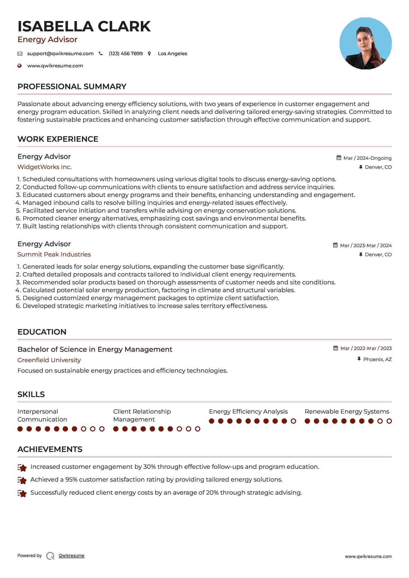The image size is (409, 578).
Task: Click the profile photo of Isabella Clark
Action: [365, 44]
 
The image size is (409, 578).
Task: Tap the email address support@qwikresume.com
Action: [60, 53]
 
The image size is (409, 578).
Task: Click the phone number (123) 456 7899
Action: [126, 53]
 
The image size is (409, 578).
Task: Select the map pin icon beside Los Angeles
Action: [149, 53]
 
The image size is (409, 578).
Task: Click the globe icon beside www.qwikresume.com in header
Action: [19, 66]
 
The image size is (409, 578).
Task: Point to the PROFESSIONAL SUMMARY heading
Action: [72, 87]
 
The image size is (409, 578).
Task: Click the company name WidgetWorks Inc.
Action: [44, 167]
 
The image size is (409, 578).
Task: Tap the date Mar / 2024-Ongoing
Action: [367, 158]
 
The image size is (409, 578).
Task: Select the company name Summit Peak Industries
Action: [54, 254]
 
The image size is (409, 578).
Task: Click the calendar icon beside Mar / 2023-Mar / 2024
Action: [335, 245]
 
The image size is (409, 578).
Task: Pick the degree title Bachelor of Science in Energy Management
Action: [95, 349]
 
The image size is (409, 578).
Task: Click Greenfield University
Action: [49, 360]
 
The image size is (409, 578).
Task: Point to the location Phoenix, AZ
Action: [377, 359]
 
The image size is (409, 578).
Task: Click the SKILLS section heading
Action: [31, 394]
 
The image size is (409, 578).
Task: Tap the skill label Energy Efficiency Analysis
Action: [248, 412]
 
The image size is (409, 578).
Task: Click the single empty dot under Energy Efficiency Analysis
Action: [293, 421]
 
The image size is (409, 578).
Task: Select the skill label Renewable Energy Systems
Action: [347, 412]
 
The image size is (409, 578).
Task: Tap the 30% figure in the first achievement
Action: [149, 467]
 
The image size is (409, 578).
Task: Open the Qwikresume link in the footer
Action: [72, 556]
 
